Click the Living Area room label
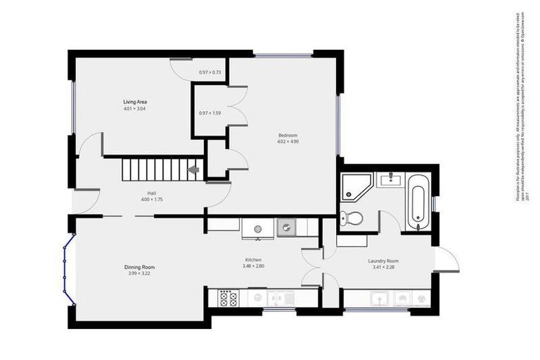135,102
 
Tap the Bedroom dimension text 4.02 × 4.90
288,141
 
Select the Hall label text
151,193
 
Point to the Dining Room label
139,267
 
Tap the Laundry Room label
383,261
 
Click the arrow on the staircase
193,169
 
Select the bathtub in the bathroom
416,201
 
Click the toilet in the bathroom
355,218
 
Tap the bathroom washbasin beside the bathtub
388,180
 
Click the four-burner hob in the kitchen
228,299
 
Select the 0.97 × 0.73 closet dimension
210,72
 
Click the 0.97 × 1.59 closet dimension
210,113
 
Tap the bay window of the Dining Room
66,269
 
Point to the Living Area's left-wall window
72,107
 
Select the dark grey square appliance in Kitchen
287,227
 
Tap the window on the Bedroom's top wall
283,55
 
